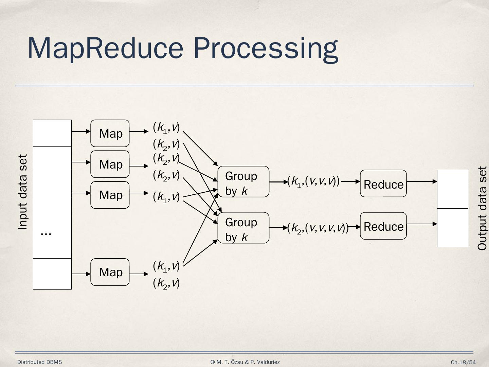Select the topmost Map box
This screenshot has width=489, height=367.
[x=110, y=133]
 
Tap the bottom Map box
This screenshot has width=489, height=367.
[x=110, y=272]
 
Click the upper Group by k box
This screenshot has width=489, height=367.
[x=243, y=182]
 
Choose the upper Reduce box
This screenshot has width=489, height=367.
[x=383, y=183]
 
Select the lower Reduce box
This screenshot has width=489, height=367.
[x=383, y=226]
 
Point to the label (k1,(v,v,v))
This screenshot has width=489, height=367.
[x=313, y=181]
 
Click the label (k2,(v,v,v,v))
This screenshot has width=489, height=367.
[x=318, y=228]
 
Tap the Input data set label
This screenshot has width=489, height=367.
[x=22, y=192]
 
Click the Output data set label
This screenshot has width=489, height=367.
[x=482, y=208]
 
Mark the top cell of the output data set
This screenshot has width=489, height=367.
[x=452, y=189]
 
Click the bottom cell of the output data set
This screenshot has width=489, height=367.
[x=452, y=227]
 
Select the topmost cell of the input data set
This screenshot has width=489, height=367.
[x=52, y=133]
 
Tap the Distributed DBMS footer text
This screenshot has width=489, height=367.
[x=40, y=362]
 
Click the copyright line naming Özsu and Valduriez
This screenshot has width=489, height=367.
[x=245, y=362]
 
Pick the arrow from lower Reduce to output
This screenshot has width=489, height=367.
[x=421, y=224]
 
